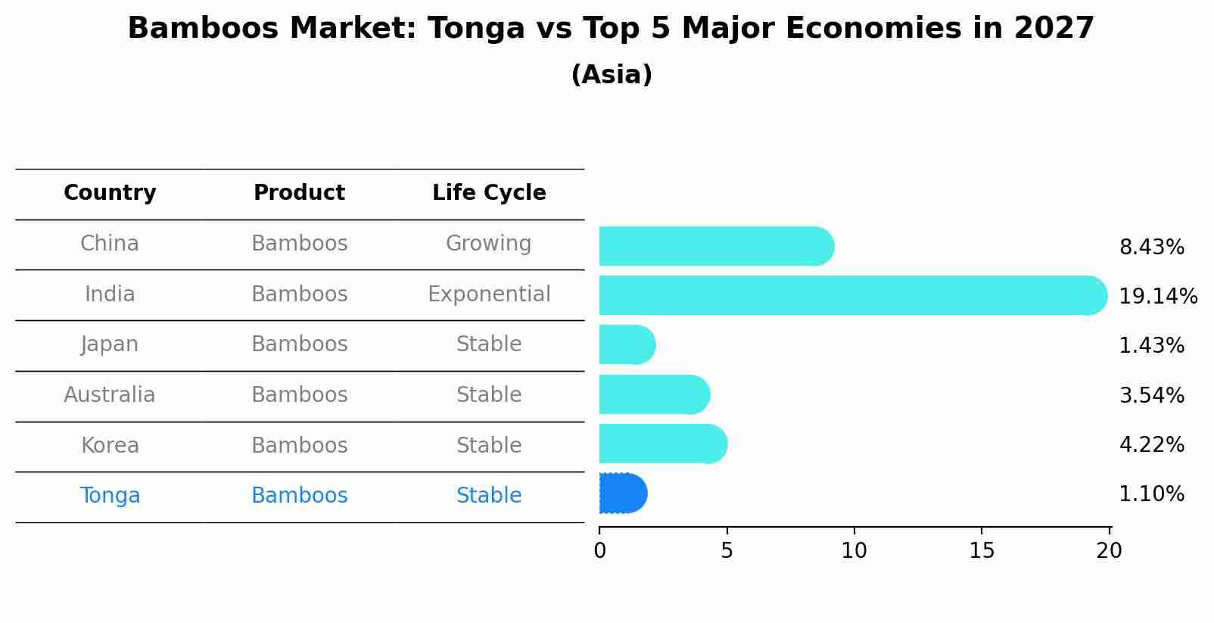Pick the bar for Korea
tap(662, 444)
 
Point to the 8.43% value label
tap(1151, 248)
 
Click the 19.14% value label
tap(1157, 296)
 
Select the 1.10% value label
tap(1151, 494)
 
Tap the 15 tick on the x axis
tap(982, 551)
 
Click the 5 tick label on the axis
tap(727, 551)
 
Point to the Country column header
tap(110, 193)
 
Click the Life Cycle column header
tap(489, 193)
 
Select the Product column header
tap(299, 193)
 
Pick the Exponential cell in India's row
tap(489, 294)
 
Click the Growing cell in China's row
tap(488, 244)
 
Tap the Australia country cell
tap(110, 395)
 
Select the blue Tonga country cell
tap(110, 496)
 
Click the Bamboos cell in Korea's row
tap(299, 445)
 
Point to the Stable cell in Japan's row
tap(489, 344)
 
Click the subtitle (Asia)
tap(612, 75)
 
